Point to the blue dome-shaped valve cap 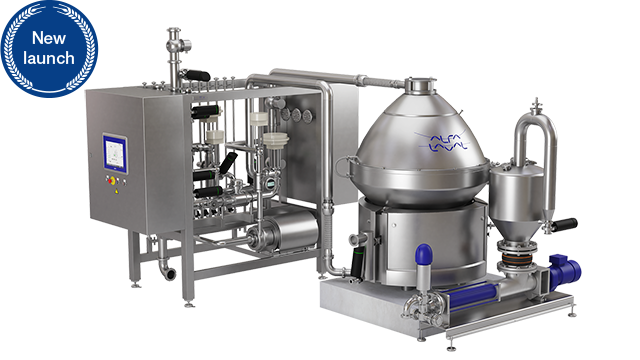click(423, 255)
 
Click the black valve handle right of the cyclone click(566, 224)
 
